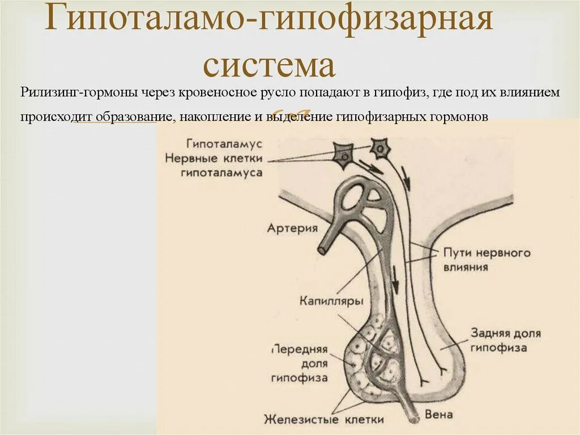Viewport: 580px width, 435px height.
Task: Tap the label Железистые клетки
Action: [x=323, y=420]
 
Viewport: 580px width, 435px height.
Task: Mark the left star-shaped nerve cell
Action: [x=342, y=154]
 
